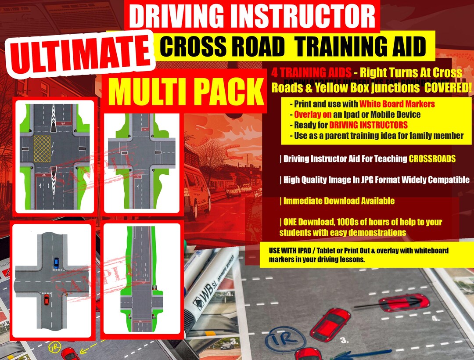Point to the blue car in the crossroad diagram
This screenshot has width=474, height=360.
[56, 263]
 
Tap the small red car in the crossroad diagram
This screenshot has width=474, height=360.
[47, 300]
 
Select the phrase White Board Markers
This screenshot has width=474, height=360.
[397, 104]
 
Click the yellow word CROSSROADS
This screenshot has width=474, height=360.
[432, 158]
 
